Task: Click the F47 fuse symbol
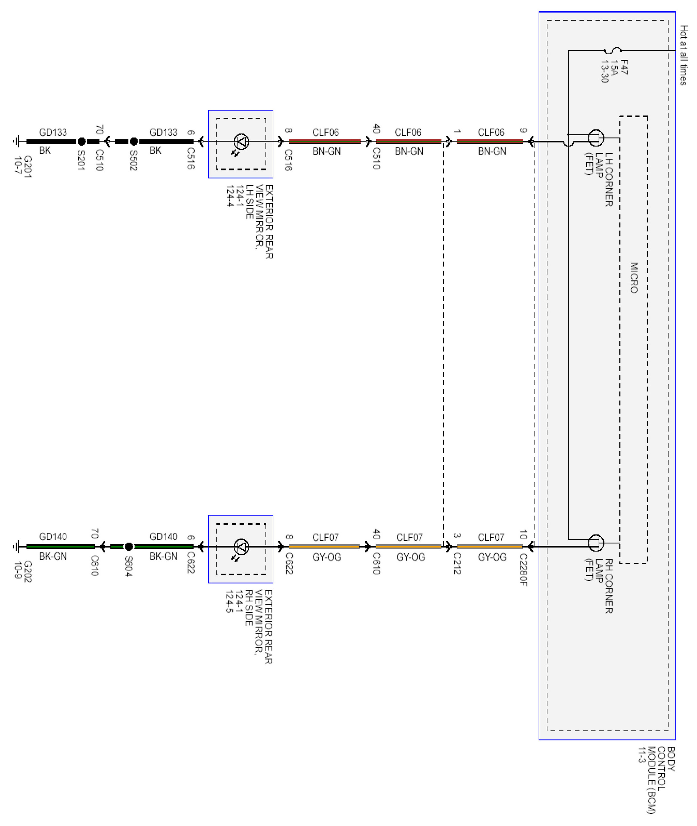(x=612, y=50)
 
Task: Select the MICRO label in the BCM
(x=634, y=278)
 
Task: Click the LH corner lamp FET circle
(x=596, y=137)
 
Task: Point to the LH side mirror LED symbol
(x=241, y=141)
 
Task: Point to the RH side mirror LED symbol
(x=241, y=547)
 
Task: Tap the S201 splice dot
(x=81, y=141)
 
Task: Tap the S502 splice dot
(x=134, y=141)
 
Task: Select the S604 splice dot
(x=129, y=547)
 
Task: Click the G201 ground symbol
(x=17, y=141)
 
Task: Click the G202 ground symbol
(x=17, y=547)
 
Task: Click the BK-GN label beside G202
(x=53, y=556)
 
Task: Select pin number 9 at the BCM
(x=523, y=130)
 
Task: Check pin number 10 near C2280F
(x=523, y=535)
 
